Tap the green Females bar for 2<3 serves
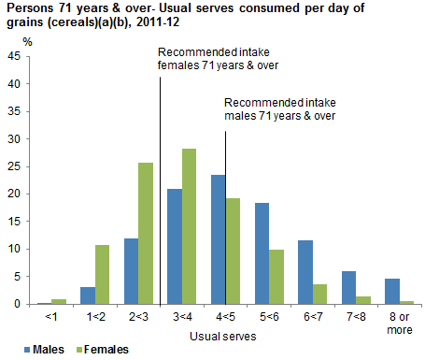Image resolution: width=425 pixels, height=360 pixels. pyautogui.click(x=146, y=234)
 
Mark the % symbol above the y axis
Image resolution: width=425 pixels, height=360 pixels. pyautogui.click(x=27, y=42)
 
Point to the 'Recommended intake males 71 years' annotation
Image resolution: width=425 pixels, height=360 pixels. pyautogui.click(x=279, y=109)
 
